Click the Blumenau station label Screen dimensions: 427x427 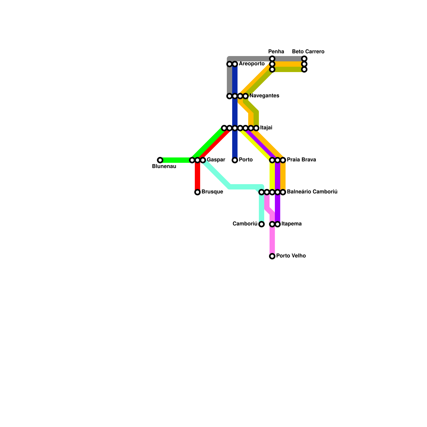[164, 167]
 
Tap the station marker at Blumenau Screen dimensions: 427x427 [160, 160]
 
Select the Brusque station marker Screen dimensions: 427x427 [197, 192]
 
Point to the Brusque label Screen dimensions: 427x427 [212, 192]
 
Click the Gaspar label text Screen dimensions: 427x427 [216, 160]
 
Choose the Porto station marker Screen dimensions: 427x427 [235, 160]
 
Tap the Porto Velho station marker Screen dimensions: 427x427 [272, 256]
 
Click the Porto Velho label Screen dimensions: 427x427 [291, 256]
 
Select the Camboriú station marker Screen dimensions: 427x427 [262, 224]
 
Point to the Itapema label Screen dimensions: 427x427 [291, 224]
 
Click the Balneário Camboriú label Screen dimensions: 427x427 [312, 192]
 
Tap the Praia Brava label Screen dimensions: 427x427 [301, 160]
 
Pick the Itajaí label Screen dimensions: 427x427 [266, 128]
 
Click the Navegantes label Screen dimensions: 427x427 [264, 96]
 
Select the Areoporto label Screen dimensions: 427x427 [252, 64]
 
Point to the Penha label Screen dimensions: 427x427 [276, 52]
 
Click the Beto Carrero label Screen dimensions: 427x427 [308, 52]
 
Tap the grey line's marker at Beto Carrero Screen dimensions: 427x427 [304, 59]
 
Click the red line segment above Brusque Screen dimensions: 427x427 [197, 176]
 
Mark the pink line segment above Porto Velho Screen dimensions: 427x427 [272, 240]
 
